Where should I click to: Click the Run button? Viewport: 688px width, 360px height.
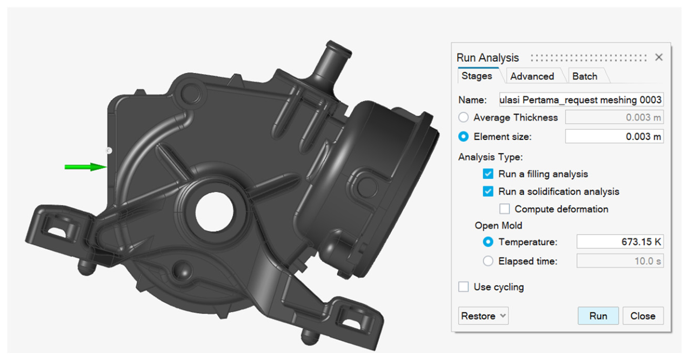(x=598, y=316)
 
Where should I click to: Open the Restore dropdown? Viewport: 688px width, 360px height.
(x=483, y=316)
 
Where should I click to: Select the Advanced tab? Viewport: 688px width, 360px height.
(x=532, y=76)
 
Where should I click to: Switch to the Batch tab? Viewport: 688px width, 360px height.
(x=585, y=76)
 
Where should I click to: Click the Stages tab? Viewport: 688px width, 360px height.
(x=477, y=76)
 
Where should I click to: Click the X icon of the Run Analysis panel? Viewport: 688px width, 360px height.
(x=658, y=57)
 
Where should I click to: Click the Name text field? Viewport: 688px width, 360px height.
(x=581, y=100)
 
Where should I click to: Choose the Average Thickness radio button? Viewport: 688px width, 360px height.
(x=464, y=117)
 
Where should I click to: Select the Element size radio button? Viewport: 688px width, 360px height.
(x=464, y=136)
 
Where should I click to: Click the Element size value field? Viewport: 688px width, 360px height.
(x=614, y=136)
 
